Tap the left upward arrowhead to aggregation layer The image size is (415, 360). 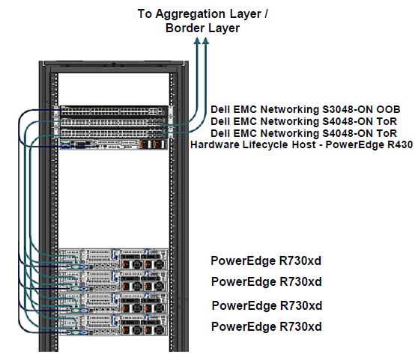197,40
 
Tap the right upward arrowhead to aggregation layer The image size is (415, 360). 206,40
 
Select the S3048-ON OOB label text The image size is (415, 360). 306,109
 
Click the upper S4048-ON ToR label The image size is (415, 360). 304,121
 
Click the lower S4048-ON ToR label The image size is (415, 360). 304,133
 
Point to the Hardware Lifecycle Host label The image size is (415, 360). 301,144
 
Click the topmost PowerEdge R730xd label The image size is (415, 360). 266,260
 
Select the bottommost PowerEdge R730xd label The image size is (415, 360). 267,326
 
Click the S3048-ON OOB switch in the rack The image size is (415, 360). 114,111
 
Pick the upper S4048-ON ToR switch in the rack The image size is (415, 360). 114,122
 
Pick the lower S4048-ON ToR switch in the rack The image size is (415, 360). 114,133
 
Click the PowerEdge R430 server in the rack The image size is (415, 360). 114,144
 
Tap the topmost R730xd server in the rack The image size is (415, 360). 114,259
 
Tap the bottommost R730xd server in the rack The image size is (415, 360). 114,325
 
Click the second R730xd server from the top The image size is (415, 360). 114,281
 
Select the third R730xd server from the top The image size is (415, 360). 114,303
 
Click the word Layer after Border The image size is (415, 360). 224,28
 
